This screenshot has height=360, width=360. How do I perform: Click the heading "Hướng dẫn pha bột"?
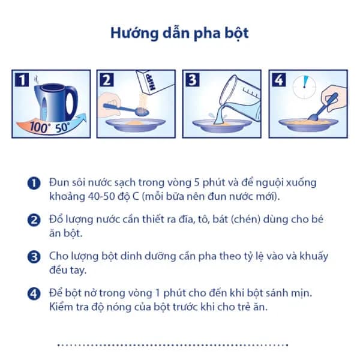tap(179, 32)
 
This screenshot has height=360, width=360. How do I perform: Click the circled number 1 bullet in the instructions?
tap(34, 183)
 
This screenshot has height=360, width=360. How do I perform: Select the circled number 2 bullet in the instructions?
tap(34, 220)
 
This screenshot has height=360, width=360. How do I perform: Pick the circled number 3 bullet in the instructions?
tap(34, 257)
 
